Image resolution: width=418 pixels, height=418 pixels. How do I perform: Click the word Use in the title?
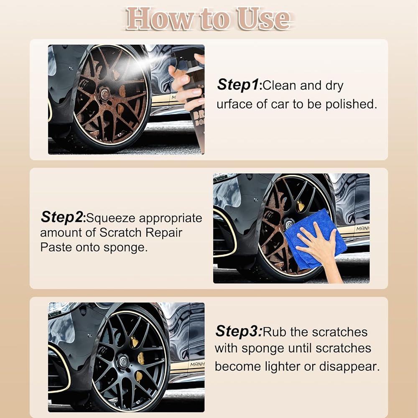click(x=263, y=19)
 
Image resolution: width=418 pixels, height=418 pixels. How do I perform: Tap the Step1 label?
click(x=238, y=85)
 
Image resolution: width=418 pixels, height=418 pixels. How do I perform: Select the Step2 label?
click(x=62, y=217)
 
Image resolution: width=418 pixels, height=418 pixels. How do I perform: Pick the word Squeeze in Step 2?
click(x=111, y=218)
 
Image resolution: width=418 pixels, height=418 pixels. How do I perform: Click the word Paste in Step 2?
click(x=56, y=247)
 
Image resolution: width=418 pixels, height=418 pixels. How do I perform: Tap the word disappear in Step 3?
click(x=349, y=367)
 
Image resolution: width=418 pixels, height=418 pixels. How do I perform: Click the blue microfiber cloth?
click(x=316, y=239)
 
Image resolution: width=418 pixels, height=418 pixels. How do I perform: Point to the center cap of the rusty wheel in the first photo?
click(x=104, y=94)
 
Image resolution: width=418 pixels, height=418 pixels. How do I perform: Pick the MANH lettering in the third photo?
click(x=197, y=364)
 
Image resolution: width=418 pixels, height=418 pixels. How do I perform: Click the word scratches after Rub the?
click(x=339, y=332)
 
